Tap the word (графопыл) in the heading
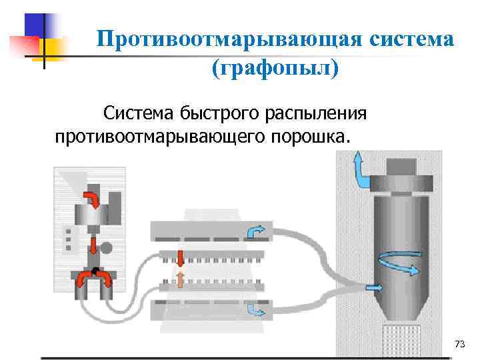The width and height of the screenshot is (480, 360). click(275, 68)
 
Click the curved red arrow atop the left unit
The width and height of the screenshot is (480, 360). click(92, 198)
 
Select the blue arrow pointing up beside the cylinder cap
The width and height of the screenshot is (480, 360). click(360, 167)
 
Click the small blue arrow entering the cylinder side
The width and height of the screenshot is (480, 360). click(375, 288)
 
